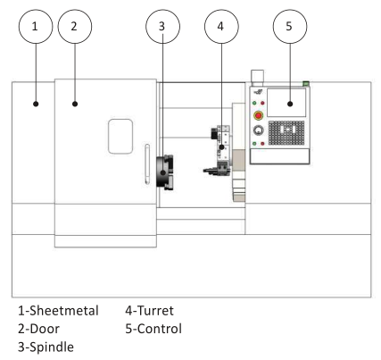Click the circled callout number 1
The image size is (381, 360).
(x=36, y=27)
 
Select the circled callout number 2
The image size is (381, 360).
(x=75, y=27)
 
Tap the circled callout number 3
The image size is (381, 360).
(x=162, y=27)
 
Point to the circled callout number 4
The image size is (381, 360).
(x=221, y=27)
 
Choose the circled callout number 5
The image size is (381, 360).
(x=290, y=27)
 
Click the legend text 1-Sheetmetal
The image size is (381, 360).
(x=58, y=311)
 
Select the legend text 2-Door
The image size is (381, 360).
(x=39, y=329)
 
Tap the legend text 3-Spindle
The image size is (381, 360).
(x=46, y=347)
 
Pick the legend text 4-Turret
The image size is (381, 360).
(x=149, y=311)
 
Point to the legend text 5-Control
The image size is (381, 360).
(x=153, y=329)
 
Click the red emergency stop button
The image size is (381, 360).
(x=259, y=115)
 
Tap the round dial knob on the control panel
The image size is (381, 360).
(x=259, y=130)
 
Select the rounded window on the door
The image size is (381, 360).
(x=120, y=137)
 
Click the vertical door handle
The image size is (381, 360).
(x=147, y=164)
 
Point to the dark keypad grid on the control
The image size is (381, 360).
(x=286, y=133)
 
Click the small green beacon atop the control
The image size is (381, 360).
(x=306, y=83)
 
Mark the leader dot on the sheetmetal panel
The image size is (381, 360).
(x=36, y=104)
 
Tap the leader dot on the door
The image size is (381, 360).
(x=75, y=104)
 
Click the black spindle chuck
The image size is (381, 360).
(x=165, y=172)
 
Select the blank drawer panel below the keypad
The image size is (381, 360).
(x=279, y=155)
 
